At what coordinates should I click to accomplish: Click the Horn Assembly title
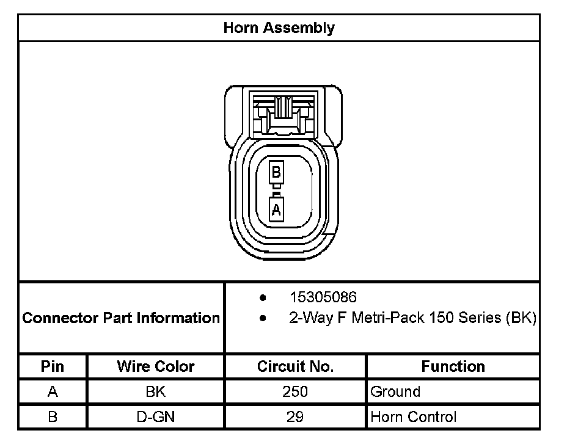pyautogui.click(x=279, y=28)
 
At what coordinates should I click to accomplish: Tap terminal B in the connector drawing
pyautogui.click(x=276, y=172)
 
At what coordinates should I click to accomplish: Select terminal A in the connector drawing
pyautogui.click(x=276, y=209)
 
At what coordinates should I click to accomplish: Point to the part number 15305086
pyautogui.click(x=323, y=297)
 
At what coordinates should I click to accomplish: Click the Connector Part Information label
pyautogui.click(x=121, y=318)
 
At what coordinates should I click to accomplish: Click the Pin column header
pyautogui.click(x=53, y=366)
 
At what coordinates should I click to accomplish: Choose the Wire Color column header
pyautogui.click(x=156, y=366)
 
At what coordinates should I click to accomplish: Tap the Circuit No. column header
pyautogui.click(x=296, y=366)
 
